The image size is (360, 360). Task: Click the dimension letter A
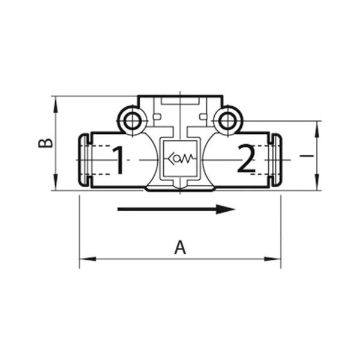[x=180, y=247]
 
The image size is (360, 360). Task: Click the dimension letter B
[x=46, y=143]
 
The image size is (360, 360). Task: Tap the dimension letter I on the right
[x=307, y=155]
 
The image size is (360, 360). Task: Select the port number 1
[x=118, y=160]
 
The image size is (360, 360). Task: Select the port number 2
[x=247, y=158]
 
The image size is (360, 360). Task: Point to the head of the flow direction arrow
[x=226, y=209]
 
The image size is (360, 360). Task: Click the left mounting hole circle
[x=132, y=120]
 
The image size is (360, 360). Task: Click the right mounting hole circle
[x=228, y=120]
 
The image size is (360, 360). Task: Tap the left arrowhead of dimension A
[x=88, y=259]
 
